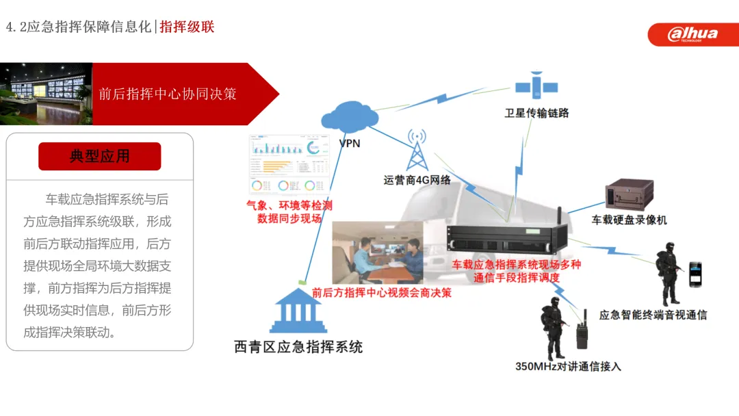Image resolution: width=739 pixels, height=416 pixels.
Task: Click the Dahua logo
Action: (x=692, y=33)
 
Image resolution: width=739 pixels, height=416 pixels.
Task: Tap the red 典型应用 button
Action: (x=100, y=156)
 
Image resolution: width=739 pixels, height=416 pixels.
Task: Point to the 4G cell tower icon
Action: (x=416, y=150)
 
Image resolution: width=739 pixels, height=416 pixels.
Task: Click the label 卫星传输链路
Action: (x=536, y=113)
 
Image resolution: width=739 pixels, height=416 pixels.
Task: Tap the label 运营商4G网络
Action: (x=417, y=181)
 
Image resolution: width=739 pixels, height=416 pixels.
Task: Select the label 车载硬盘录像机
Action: (x=629, y=220)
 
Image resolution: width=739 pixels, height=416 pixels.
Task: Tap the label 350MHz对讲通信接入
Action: (x=568, y=367)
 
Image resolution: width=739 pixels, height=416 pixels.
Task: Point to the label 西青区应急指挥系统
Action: (x=298, y=348)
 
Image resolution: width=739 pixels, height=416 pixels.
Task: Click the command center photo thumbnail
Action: (x=46, y=94)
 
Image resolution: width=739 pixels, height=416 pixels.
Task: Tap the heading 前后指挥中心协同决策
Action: (x=168, y=94)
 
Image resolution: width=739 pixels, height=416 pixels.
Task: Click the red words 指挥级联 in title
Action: (x=187, y=27)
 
